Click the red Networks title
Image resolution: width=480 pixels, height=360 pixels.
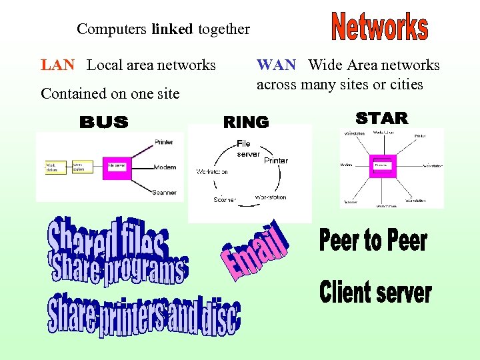pyautogui.click(x=379, y=27)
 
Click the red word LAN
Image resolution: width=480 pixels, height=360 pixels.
pyautogui.click(x=57, y=65)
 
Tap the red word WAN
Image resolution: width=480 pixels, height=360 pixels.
pyautogui.click(x=276, y=65)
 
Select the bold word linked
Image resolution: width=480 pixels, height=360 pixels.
pyautogui.click(x=172, y=29)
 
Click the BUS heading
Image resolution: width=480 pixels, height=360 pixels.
pyautogui.click(x=104, y=122)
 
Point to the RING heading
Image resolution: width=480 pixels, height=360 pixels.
pyautogui.click(x=246, y=122)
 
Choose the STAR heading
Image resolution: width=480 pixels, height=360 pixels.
pyautogui.click(x=381, y=119)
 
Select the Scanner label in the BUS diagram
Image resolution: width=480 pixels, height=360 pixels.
pyautogui.click(x=164, y=192)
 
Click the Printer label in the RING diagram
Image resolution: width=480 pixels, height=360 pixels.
pyautogui.click(x=276, y=161)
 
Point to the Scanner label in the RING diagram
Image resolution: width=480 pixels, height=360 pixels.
pyautogui.click(x=225, y=199)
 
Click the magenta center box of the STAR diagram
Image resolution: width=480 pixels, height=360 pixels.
pyautogui.click(x=383, y=165)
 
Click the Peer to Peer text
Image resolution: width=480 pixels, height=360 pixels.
pyautogui.click(x=373, y=240)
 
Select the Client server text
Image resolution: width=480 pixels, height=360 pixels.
pyautogui.click(x=375, y=291)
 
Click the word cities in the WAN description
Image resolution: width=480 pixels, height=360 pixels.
pyautogui.click(x=407, y=85)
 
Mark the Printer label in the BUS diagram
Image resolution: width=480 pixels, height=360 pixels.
pyautogui.click(x=163, y=142)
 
